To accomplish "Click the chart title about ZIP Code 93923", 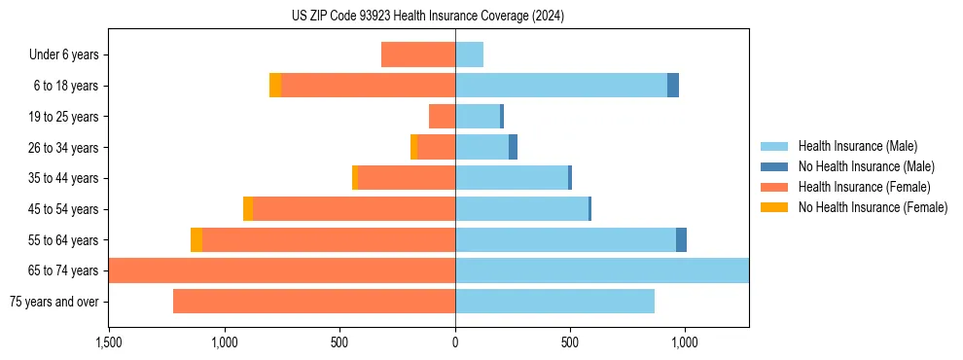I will [427, 17].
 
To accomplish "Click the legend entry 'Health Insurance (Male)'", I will [857, 146].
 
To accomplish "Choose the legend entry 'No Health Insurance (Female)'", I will [873, 207].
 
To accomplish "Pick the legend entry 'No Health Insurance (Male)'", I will [866, 166].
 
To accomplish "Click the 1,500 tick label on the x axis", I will [109, 342].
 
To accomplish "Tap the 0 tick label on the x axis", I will [455, 342].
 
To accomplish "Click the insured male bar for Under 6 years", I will [469, 54].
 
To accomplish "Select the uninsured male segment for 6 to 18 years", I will [673, 86].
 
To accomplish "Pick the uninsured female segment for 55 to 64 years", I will [196, 239].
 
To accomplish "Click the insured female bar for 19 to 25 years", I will [442, 117].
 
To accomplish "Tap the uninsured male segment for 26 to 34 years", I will [513, 147].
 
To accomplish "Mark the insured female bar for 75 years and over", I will [314, 302].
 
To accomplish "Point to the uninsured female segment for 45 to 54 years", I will [248, 209].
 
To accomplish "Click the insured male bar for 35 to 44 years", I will [512, 178].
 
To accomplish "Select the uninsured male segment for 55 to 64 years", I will [681, 239].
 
